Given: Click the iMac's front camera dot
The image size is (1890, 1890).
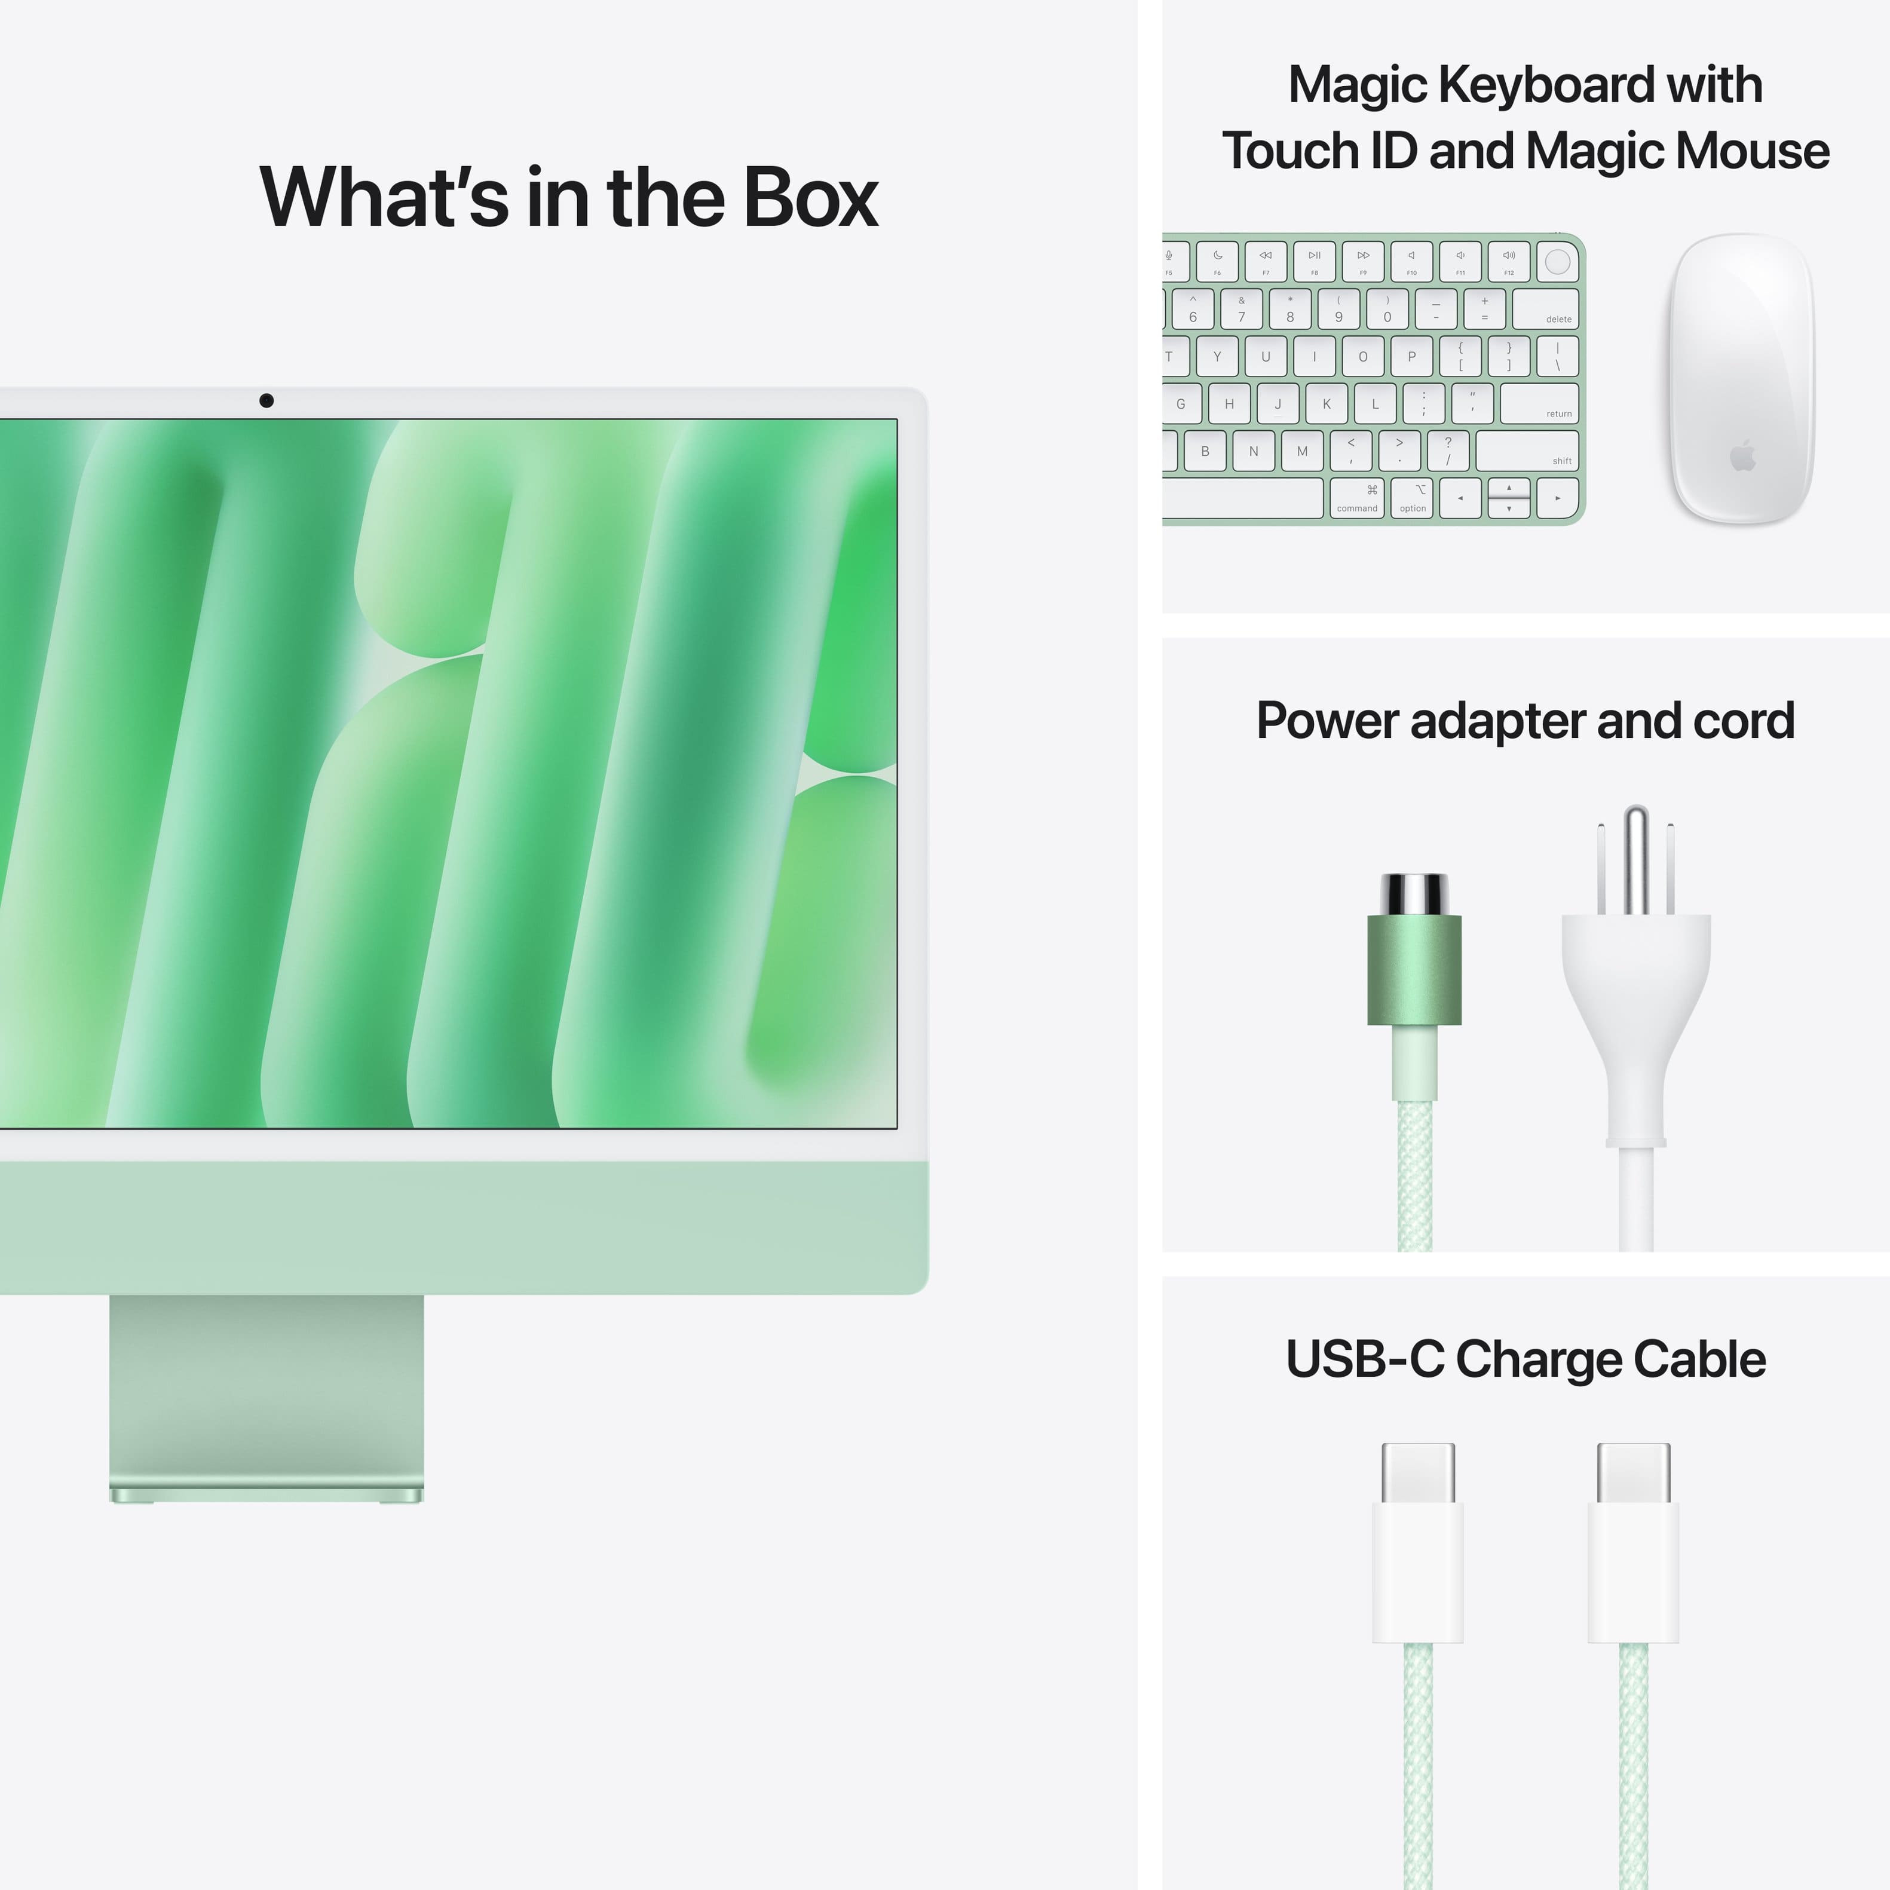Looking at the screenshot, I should (x=266, y=400).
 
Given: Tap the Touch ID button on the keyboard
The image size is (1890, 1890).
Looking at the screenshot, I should (x=1557, y=261).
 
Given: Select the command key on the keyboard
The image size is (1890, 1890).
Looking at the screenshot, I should (x=1357, y=497).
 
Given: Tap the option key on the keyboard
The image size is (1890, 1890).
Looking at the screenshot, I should (x=1413, y=497).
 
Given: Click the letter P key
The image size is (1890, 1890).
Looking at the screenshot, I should (x=1411, y=356).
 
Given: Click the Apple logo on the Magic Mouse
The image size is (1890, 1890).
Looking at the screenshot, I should (x=1742, y=456).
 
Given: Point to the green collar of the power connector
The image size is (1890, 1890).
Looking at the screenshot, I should (x=1414, y=969).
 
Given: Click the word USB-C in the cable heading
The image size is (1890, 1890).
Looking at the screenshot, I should (x=1364, y=1359).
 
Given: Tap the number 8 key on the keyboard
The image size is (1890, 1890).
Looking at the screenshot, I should (x=1289, y=309).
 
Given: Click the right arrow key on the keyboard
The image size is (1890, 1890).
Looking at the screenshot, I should (x=1557, y=498).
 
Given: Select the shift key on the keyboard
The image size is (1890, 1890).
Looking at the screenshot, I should (x=1526, y=451).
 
